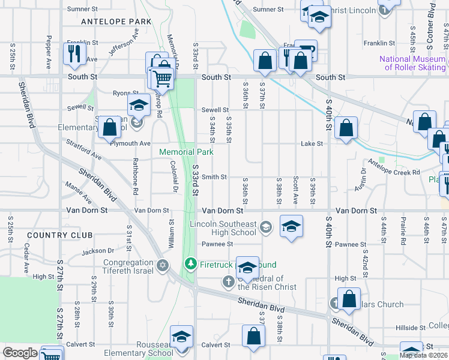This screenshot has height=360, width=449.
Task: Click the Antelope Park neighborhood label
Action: (x=116, y=21)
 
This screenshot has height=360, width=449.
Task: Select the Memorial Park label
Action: (x=186, y=152)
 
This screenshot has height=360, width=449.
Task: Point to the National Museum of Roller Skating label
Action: (x=412, y=63)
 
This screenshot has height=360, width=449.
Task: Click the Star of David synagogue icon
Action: (x=162, y=265)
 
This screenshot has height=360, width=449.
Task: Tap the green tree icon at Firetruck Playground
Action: (x=191, y=263)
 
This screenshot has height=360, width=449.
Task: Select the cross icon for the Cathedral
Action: (x=228, y=281)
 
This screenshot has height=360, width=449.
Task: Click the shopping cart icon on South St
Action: (x=161, y=77)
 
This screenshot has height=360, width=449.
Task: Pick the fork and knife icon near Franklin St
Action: (x=74, y=54)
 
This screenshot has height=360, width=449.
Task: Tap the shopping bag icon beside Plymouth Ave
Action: (x=110, y=127)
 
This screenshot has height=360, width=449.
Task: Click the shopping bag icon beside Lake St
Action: (x=346, y=128)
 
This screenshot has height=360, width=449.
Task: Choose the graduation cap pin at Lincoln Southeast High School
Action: (x=291, y=227)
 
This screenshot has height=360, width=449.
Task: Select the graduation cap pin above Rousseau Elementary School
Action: (x=181, y=337)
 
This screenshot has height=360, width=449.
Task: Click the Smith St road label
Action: (x=214, y=177)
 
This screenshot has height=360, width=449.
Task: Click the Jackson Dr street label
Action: (x=97, y=252)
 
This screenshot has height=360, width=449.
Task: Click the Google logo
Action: (x=20, y=353)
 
